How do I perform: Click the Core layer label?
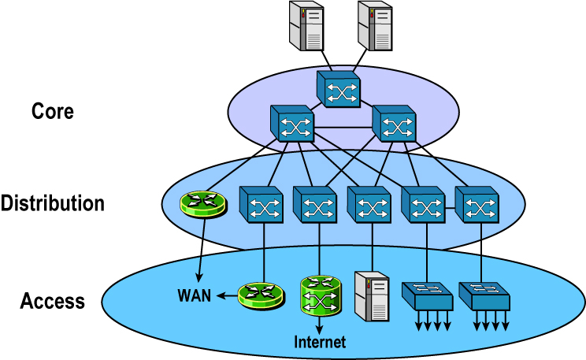(x=53, y=111)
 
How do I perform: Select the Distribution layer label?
(x=53, y=203)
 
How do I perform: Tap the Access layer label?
(x=53, y=300)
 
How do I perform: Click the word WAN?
(x=194, y=297)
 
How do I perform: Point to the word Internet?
(x=319, y=342)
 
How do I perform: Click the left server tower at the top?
(x=307, y=24)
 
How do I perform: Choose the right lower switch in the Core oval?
(x=393, y=123)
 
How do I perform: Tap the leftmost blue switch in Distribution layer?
(x=261, y=205)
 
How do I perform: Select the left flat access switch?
(x=427, y=295)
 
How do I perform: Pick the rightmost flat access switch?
(x=484, y=295)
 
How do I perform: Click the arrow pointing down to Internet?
(x=319, y=325)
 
